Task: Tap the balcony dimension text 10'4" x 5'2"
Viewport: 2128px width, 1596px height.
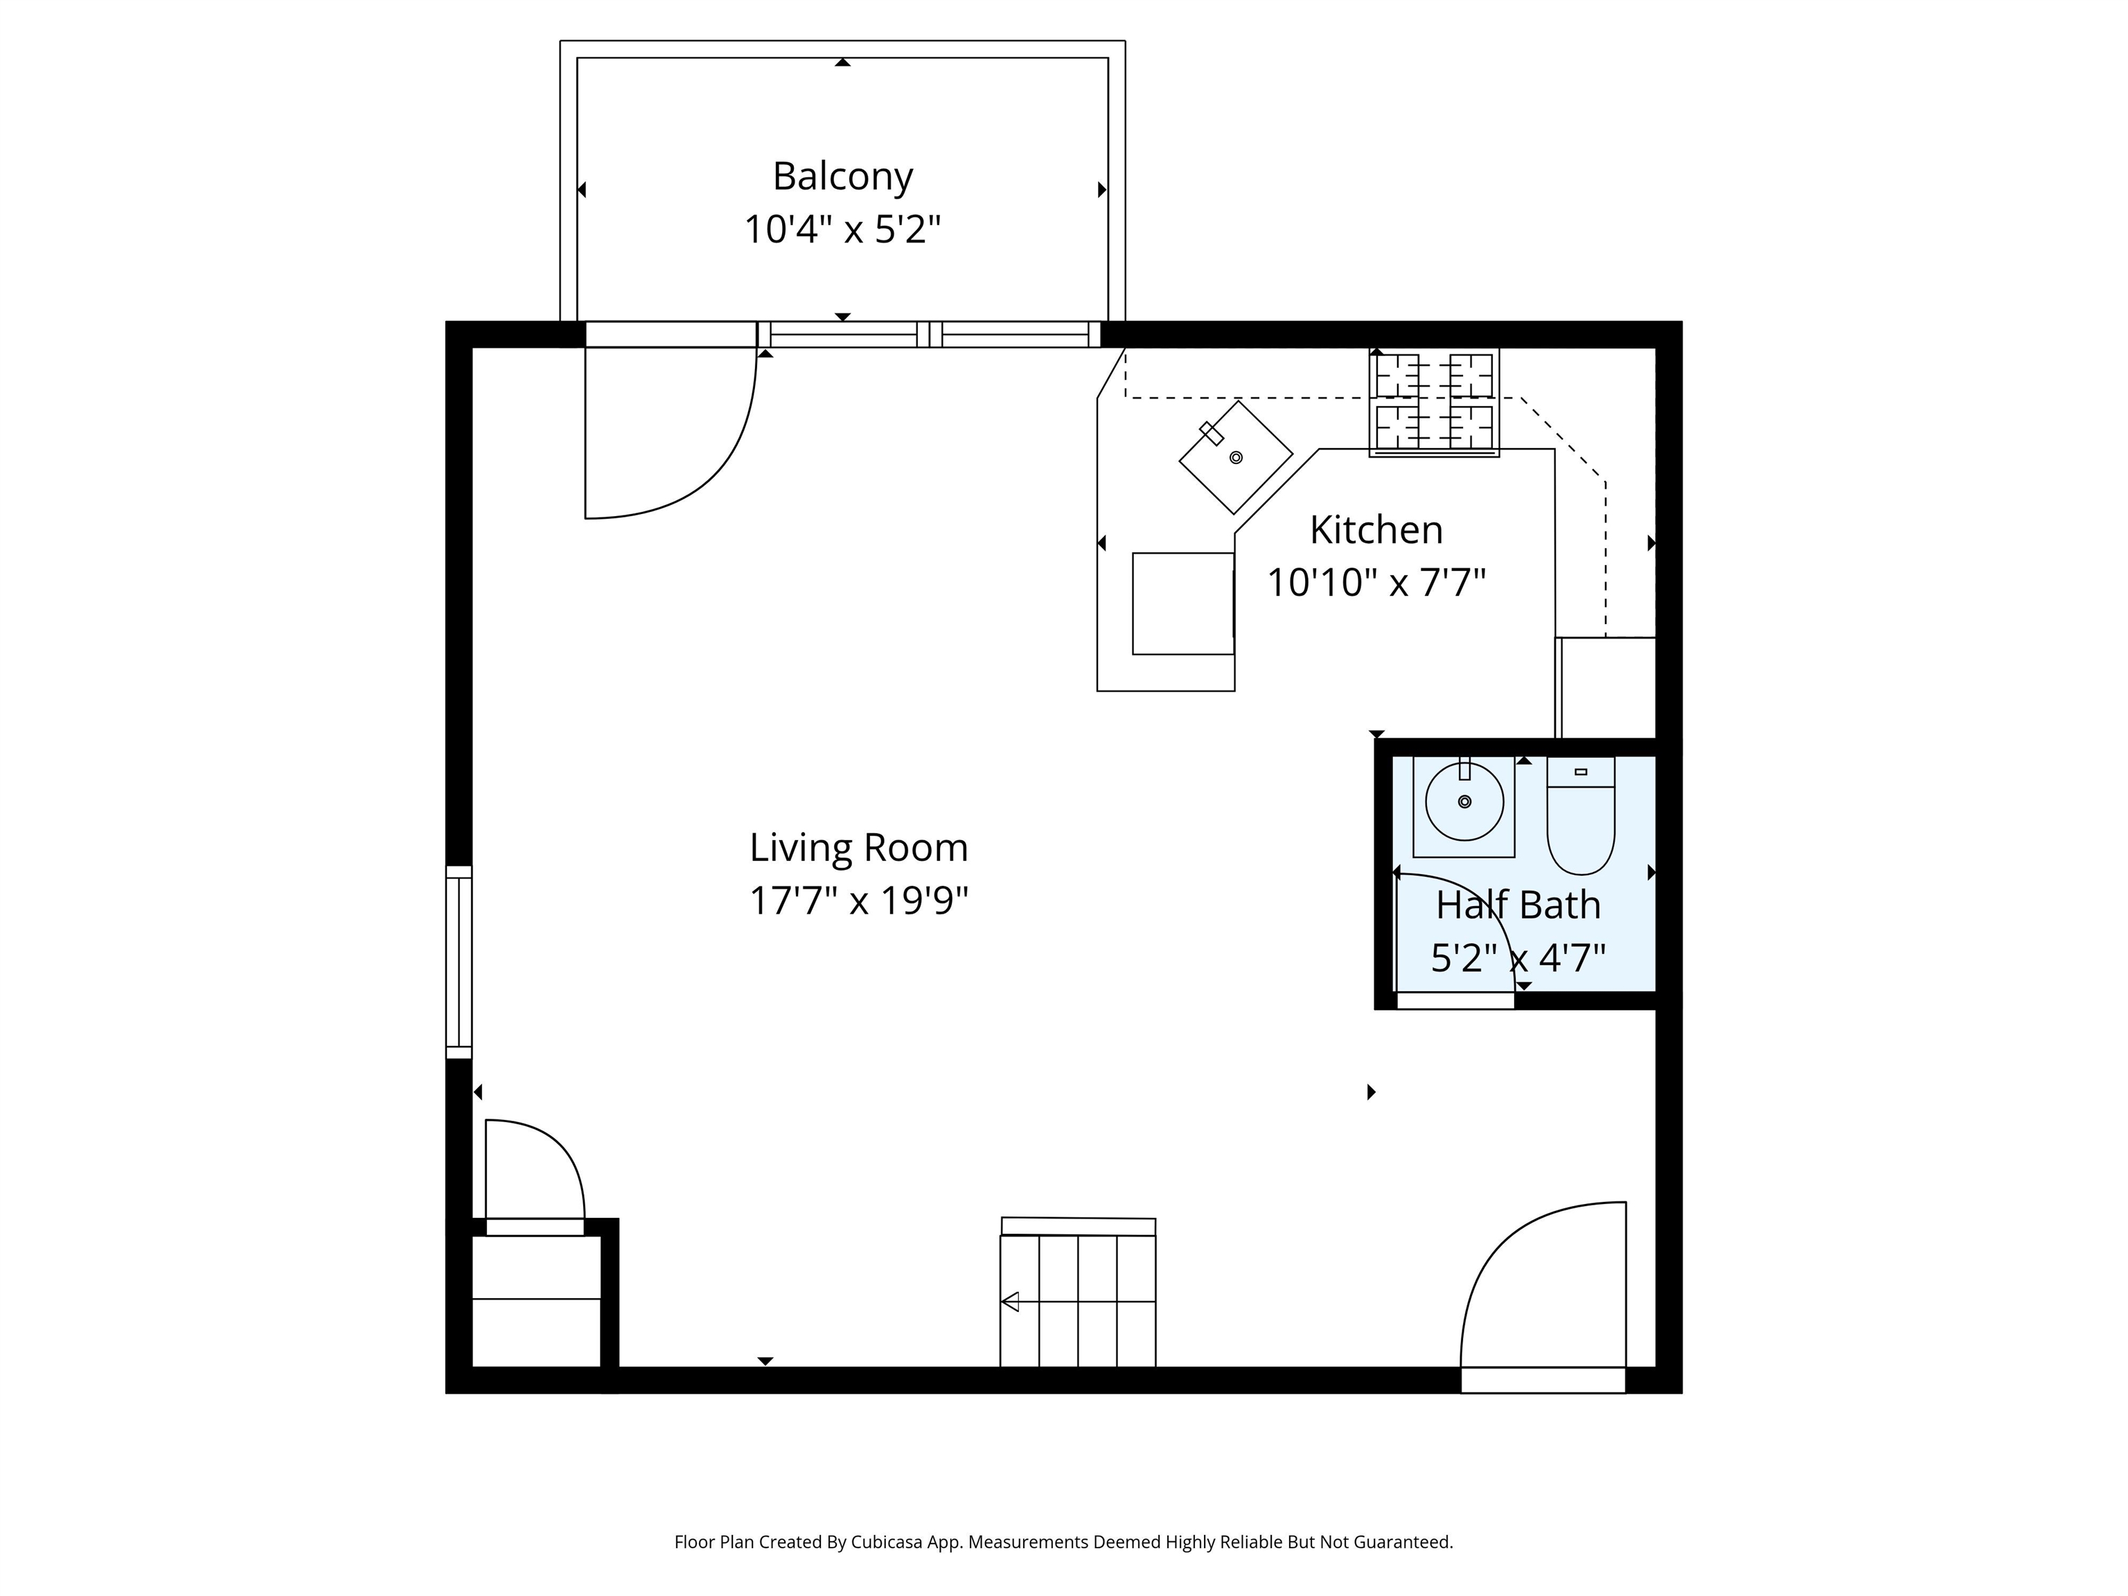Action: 843,230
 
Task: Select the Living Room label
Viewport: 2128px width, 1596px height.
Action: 859,849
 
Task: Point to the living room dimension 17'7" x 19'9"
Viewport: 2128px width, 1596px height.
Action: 859,901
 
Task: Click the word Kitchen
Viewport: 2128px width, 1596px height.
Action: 1376,530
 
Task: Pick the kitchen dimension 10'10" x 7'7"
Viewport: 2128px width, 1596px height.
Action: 1376,583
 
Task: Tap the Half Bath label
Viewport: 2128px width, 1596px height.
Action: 1518,905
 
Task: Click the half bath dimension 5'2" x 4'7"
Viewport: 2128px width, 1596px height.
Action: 1518,958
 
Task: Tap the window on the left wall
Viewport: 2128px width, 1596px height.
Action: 459,962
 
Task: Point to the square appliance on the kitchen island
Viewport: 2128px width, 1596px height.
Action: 1183,604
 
